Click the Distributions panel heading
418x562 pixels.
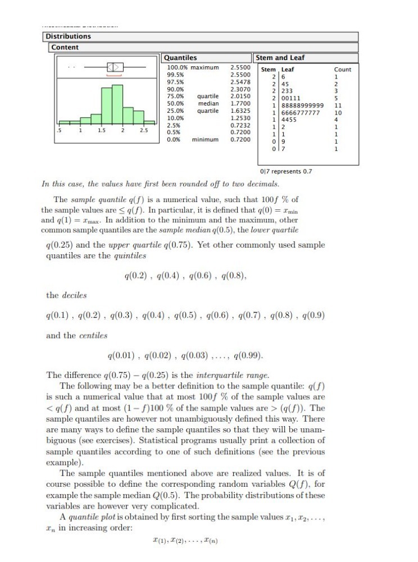68,36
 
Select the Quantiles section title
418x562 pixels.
180,57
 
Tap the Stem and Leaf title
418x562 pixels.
279,57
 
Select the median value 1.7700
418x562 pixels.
240,104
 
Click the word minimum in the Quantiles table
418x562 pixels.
205,139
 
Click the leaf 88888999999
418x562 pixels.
299,104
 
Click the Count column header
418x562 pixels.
342,69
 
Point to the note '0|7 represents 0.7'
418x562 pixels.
287,171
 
